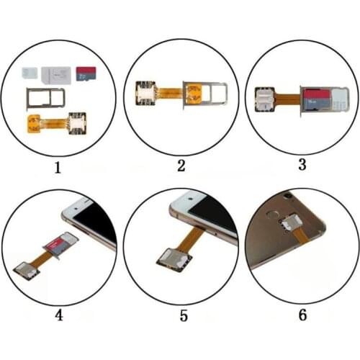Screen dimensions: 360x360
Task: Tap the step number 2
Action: tap(181, 166)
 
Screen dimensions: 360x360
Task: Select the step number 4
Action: tap(59, 315)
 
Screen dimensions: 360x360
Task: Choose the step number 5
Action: tap(181, 315)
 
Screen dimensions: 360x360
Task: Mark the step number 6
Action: tap(302, 315)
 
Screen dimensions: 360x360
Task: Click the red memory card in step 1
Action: tap(86, 74)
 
